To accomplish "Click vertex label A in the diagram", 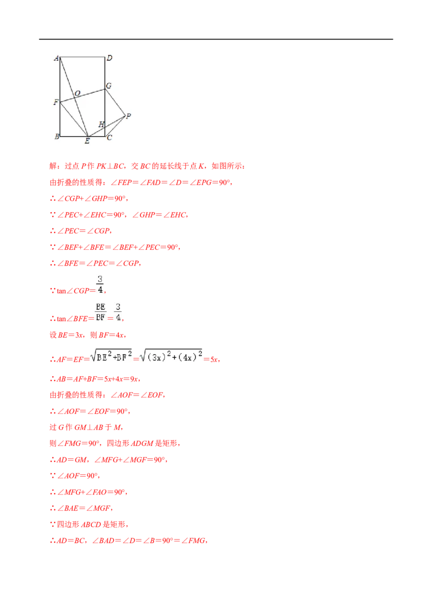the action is [x=56, y=58].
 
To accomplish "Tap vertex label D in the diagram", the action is [x=110, y=58].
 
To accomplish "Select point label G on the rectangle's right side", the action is [x=109, y=86].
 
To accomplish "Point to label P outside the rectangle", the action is [x=129, y=116].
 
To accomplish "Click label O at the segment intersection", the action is [x=77, y=93].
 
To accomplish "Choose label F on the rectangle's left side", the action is [x=56, y=102].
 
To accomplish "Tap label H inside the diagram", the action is [x=102, y=125].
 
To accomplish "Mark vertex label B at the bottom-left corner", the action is [x=57, y=137].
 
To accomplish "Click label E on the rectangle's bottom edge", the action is [x=87, y=141].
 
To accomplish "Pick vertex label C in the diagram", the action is [x=110, y=138].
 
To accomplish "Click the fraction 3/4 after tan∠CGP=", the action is [x=100, y=284].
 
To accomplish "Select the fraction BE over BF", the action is [x=100, y=312].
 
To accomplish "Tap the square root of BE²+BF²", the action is [x=111, y=356].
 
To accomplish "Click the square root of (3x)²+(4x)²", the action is [x=171, y=356].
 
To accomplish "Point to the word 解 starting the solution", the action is [x=53, y=166].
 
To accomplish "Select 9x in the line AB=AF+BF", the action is [x=134, y=379].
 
